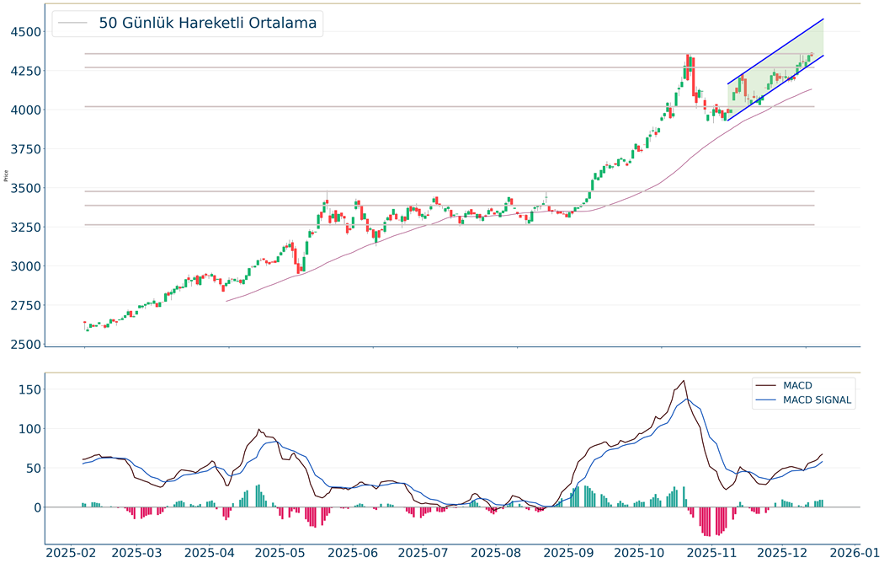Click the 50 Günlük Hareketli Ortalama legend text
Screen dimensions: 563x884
207,24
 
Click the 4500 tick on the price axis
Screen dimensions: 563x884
24,32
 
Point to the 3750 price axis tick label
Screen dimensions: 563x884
24,149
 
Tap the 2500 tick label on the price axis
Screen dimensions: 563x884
24,345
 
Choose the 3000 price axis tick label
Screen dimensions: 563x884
24,266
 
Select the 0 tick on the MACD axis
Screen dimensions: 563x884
36,507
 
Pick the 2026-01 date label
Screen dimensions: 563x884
855,553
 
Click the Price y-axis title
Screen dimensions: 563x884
7,177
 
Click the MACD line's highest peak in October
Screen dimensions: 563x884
684,381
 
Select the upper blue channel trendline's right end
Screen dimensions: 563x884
823,19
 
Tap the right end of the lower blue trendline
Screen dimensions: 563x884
823,56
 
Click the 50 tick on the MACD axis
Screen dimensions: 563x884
30,468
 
